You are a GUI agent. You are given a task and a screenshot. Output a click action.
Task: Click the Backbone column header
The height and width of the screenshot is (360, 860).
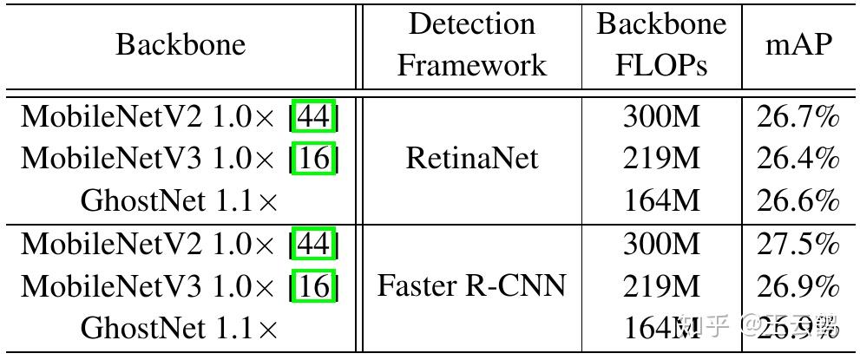click(x=181, y=44)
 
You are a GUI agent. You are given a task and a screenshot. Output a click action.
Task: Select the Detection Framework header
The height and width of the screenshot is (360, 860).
click(x=471, y=44)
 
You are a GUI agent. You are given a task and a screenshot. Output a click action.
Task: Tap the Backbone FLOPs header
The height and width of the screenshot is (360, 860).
click(x=660, y=44)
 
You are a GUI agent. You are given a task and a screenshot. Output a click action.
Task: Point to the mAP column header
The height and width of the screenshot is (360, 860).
click(x=798, y=44)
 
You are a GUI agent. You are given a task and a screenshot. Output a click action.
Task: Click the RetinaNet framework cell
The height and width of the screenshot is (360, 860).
click(x=471, y=158)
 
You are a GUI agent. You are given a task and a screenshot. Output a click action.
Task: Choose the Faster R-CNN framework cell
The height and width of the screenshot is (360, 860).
click(x=471, y=285)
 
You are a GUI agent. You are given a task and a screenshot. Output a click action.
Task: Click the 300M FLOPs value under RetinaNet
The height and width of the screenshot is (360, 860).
click(x=660, y=116)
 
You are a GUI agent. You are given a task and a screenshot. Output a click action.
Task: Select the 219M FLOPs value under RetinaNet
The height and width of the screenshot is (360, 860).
click(x=660, y=158)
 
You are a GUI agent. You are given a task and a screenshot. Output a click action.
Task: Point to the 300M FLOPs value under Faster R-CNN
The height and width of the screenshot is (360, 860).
click(x=660, y=244)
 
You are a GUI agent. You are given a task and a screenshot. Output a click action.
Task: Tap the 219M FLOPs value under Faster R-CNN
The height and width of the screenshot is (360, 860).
click(x=660, y=285)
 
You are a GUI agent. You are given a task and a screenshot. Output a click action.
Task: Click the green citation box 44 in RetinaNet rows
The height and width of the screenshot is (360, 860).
click(x=313, y=116)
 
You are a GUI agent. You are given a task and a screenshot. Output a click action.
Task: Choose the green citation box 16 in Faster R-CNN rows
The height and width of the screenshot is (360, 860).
click(x=313, y=285)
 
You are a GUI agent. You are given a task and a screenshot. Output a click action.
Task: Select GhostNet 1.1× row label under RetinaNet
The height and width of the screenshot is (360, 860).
click(x=181, y=201)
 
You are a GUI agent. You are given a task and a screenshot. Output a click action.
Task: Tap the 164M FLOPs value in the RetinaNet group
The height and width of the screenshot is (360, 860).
click(x=660, y=200)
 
